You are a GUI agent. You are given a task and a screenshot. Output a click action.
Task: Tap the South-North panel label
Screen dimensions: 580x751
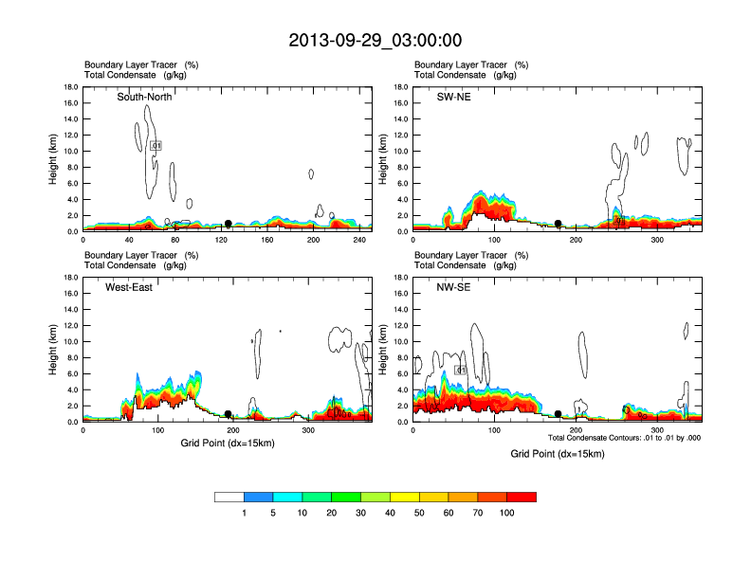click(x=144, y=97)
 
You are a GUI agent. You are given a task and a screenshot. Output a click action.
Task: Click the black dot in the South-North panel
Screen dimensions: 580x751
click(x=228, y=224)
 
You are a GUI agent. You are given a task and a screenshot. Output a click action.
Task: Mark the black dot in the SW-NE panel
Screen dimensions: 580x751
click(x=559, y=224)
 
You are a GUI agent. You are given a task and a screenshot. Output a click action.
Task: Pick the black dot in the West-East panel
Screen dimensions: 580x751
click(x=228, y=414)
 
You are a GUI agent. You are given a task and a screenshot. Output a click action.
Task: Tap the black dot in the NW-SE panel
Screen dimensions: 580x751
click(x=559, y=414)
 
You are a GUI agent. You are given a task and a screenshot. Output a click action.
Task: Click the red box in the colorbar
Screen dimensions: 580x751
click(x=522, y=497)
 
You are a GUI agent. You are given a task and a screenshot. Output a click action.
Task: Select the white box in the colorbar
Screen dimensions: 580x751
click(x=229, y=497)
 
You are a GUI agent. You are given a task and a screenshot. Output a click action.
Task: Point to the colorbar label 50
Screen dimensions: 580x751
click(x=419, y=513)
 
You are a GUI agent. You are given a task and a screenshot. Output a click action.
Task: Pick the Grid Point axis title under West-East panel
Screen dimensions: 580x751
click(x=228, y=444)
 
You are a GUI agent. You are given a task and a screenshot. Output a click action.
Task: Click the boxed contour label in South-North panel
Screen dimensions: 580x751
click(x=156, y=145)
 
